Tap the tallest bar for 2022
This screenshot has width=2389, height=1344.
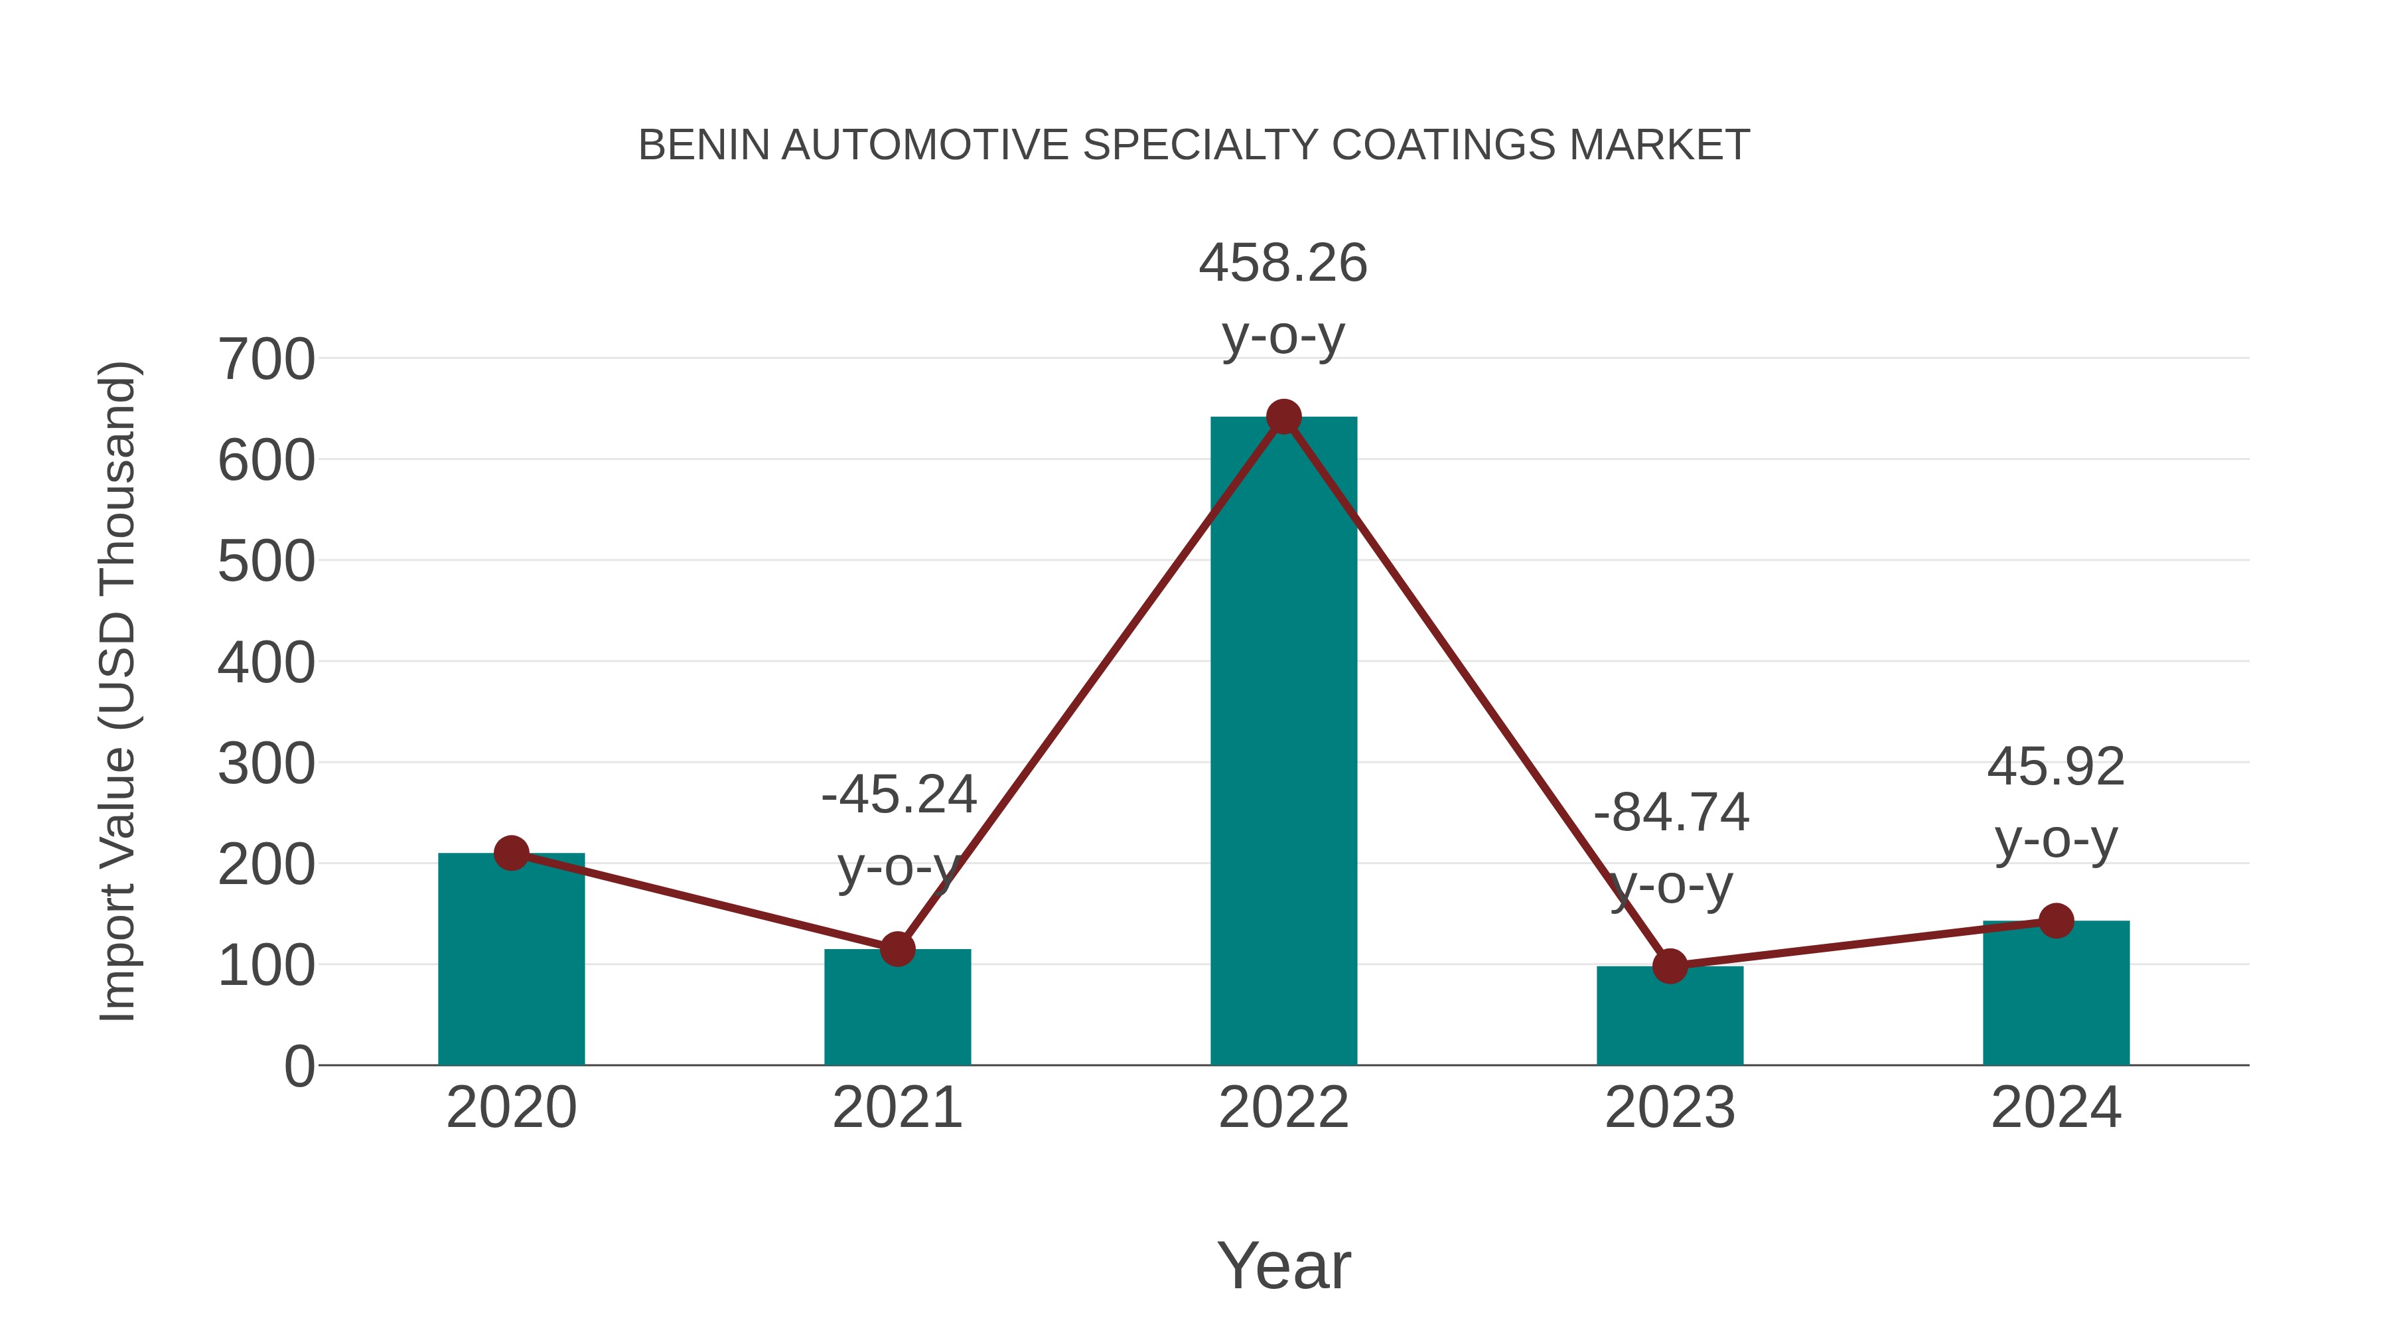coord(1283,742)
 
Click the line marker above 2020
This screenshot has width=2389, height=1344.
coord(511,852)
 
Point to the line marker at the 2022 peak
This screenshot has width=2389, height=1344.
coord(1283,417)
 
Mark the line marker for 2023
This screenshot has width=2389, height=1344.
coord(1670,966)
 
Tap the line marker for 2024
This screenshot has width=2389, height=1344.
coord(2056,921)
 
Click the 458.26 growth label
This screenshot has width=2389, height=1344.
coord(1283,263)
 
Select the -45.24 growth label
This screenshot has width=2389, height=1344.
coord(899,795)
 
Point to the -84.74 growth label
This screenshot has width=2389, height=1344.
coord(1671,814)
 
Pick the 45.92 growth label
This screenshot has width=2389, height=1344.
coord(2056,767)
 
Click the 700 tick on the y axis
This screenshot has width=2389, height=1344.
coord(266,360)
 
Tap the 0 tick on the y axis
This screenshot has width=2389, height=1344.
coord(299,1067)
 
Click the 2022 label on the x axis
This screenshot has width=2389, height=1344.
coord(1283,1108)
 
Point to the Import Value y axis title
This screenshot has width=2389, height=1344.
coord(119,691)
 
